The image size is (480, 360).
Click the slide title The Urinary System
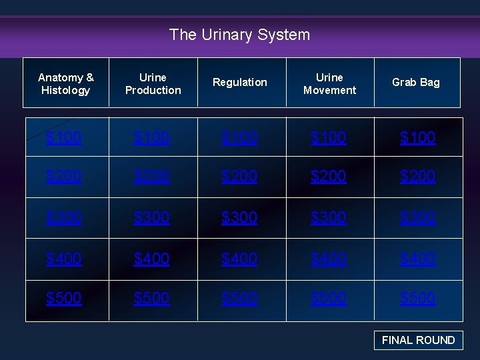[239, 35]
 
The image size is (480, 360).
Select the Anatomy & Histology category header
[66, 83]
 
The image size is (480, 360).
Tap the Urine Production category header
[153, 83]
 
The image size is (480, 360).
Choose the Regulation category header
[240, 83]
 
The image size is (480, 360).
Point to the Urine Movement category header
[329, 83]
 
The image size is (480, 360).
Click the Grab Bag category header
[416, 83]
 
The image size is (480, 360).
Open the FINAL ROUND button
[418, 340]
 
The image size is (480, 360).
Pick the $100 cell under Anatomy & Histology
[64, 137]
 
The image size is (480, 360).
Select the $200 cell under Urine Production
[151, 176]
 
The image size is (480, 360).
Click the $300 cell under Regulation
[239, 217]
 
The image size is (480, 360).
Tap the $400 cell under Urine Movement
[328, 258]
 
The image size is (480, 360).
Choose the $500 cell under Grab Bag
[417, 298]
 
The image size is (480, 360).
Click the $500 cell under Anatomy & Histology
[64, 298]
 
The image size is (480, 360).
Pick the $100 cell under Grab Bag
[417, 137]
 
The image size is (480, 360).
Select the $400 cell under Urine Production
[151, 258]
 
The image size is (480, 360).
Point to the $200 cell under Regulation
[239, 176]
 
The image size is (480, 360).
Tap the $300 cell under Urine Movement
[328, 217]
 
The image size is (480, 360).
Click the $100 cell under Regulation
[239, 137]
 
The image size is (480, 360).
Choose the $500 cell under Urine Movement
[328, 298]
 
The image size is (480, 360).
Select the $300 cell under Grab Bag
[417, 217]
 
